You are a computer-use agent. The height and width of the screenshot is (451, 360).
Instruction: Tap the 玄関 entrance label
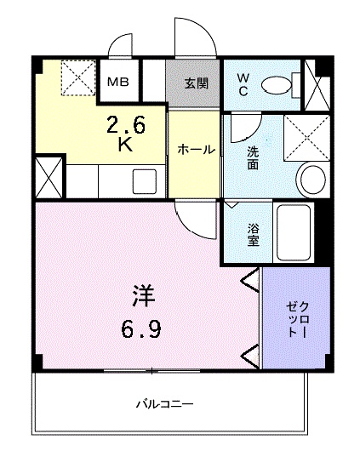pyautogui.click(x=193, y=83)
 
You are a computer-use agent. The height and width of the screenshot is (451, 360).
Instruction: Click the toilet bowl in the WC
pyautogui.click(x=276, y=83)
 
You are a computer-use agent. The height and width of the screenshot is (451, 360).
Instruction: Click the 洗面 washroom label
pyautogui.click(x=253, y=157)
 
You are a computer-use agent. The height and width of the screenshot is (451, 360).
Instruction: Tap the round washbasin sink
pyautogui.click(x=312, y=180)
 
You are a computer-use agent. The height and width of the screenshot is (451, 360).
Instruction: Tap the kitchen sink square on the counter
pyautogui.click(x=143, y=181)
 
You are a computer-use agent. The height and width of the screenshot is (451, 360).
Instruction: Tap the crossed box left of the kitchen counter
pyautogui.click(x=49, y=178)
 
